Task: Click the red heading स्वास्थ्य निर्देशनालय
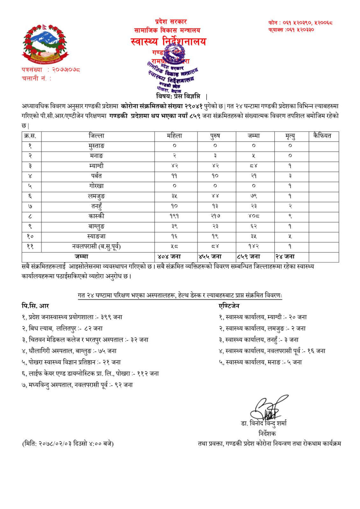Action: click(168, 42)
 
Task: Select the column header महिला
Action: click(174, 136)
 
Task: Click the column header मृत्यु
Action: click(290, 136)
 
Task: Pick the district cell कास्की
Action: click(96, 216)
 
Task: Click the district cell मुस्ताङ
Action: click(96, 146)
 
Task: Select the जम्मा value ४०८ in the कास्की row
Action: click(254, 216)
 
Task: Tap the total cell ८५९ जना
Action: click(249, 256)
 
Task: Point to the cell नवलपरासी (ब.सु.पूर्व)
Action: click(96, 246)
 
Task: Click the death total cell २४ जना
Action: click(285, 256)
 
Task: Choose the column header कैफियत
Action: click(322, 136)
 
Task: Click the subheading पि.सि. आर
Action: click(35, 306)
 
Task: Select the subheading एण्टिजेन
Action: click(229, 306)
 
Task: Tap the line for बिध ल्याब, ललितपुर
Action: click(62, 328)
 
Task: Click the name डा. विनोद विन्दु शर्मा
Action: click(264, 423)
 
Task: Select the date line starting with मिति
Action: click(68, 443)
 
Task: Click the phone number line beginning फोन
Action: click(300, 23)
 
